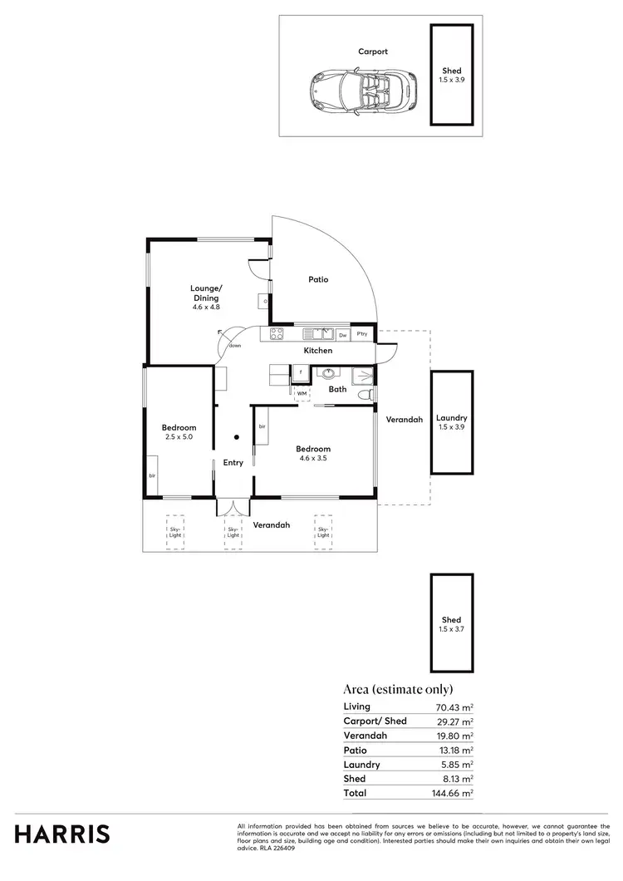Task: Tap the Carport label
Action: [373, 52]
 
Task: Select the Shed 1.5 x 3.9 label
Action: [452, 75]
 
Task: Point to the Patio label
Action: [318, 279]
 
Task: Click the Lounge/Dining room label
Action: [205, 298]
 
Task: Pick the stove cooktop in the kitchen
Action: [276, 334]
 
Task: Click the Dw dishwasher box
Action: [343, 335]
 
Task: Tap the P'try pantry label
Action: [362, 335]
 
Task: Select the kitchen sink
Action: [316, 334]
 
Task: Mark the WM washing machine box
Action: [302, 393]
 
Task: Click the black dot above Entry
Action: [236, 436]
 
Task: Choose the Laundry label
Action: [452, 422]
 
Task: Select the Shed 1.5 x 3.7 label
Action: [452, 624]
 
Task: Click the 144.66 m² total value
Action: [454, 794]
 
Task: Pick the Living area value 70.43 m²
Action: [454, 707]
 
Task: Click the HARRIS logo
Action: [61, 834]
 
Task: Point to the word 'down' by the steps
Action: [235, 346]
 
